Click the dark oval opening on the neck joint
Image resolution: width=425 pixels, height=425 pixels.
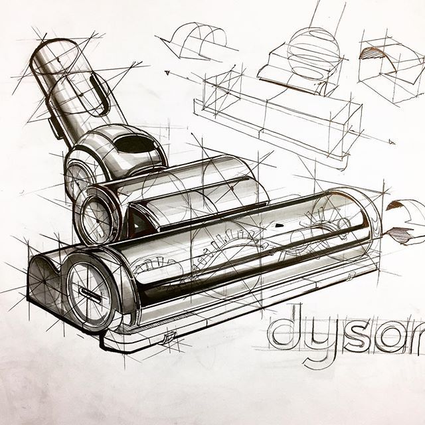[136, 142]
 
